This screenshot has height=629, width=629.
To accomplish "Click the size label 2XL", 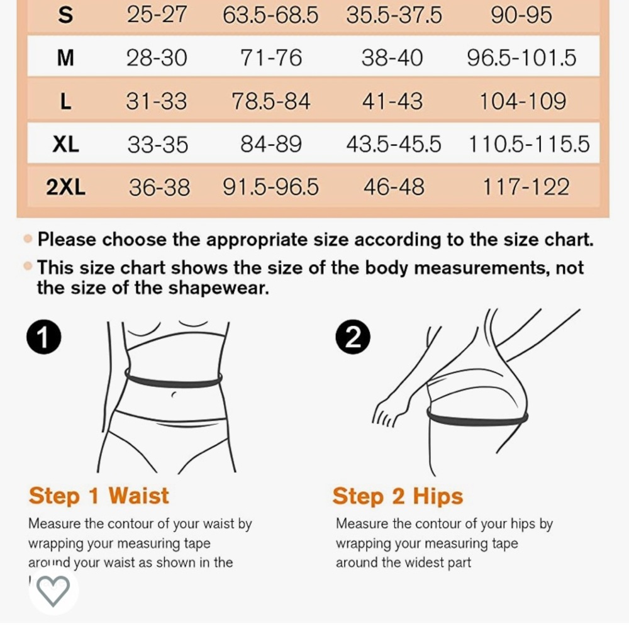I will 65,187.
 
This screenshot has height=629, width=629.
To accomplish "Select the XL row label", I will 65,144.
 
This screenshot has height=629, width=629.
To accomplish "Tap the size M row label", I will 65,58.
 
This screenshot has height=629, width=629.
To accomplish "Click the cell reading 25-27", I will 157,14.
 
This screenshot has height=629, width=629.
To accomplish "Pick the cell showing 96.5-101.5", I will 521,58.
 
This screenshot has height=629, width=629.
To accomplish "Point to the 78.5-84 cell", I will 271,101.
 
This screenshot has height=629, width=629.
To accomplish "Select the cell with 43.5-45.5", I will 394,144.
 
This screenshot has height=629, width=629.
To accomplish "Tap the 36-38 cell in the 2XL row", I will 159,187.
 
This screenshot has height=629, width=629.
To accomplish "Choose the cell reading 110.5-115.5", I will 529,144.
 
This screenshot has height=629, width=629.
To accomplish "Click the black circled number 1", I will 43,337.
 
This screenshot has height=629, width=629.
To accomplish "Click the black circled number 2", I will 353,338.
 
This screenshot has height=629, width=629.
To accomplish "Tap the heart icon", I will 53,591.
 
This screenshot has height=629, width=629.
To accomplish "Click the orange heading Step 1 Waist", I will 99,496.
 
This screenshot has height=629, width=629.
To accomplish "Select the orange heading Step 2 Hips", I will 398,496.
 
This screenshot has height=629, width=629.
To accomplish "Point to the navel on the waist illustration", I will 173,394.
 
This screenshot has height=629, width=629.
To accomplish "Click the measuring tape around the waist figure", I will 173,381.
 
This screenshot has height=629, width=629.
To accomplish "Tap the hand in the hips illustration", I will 386,414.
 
